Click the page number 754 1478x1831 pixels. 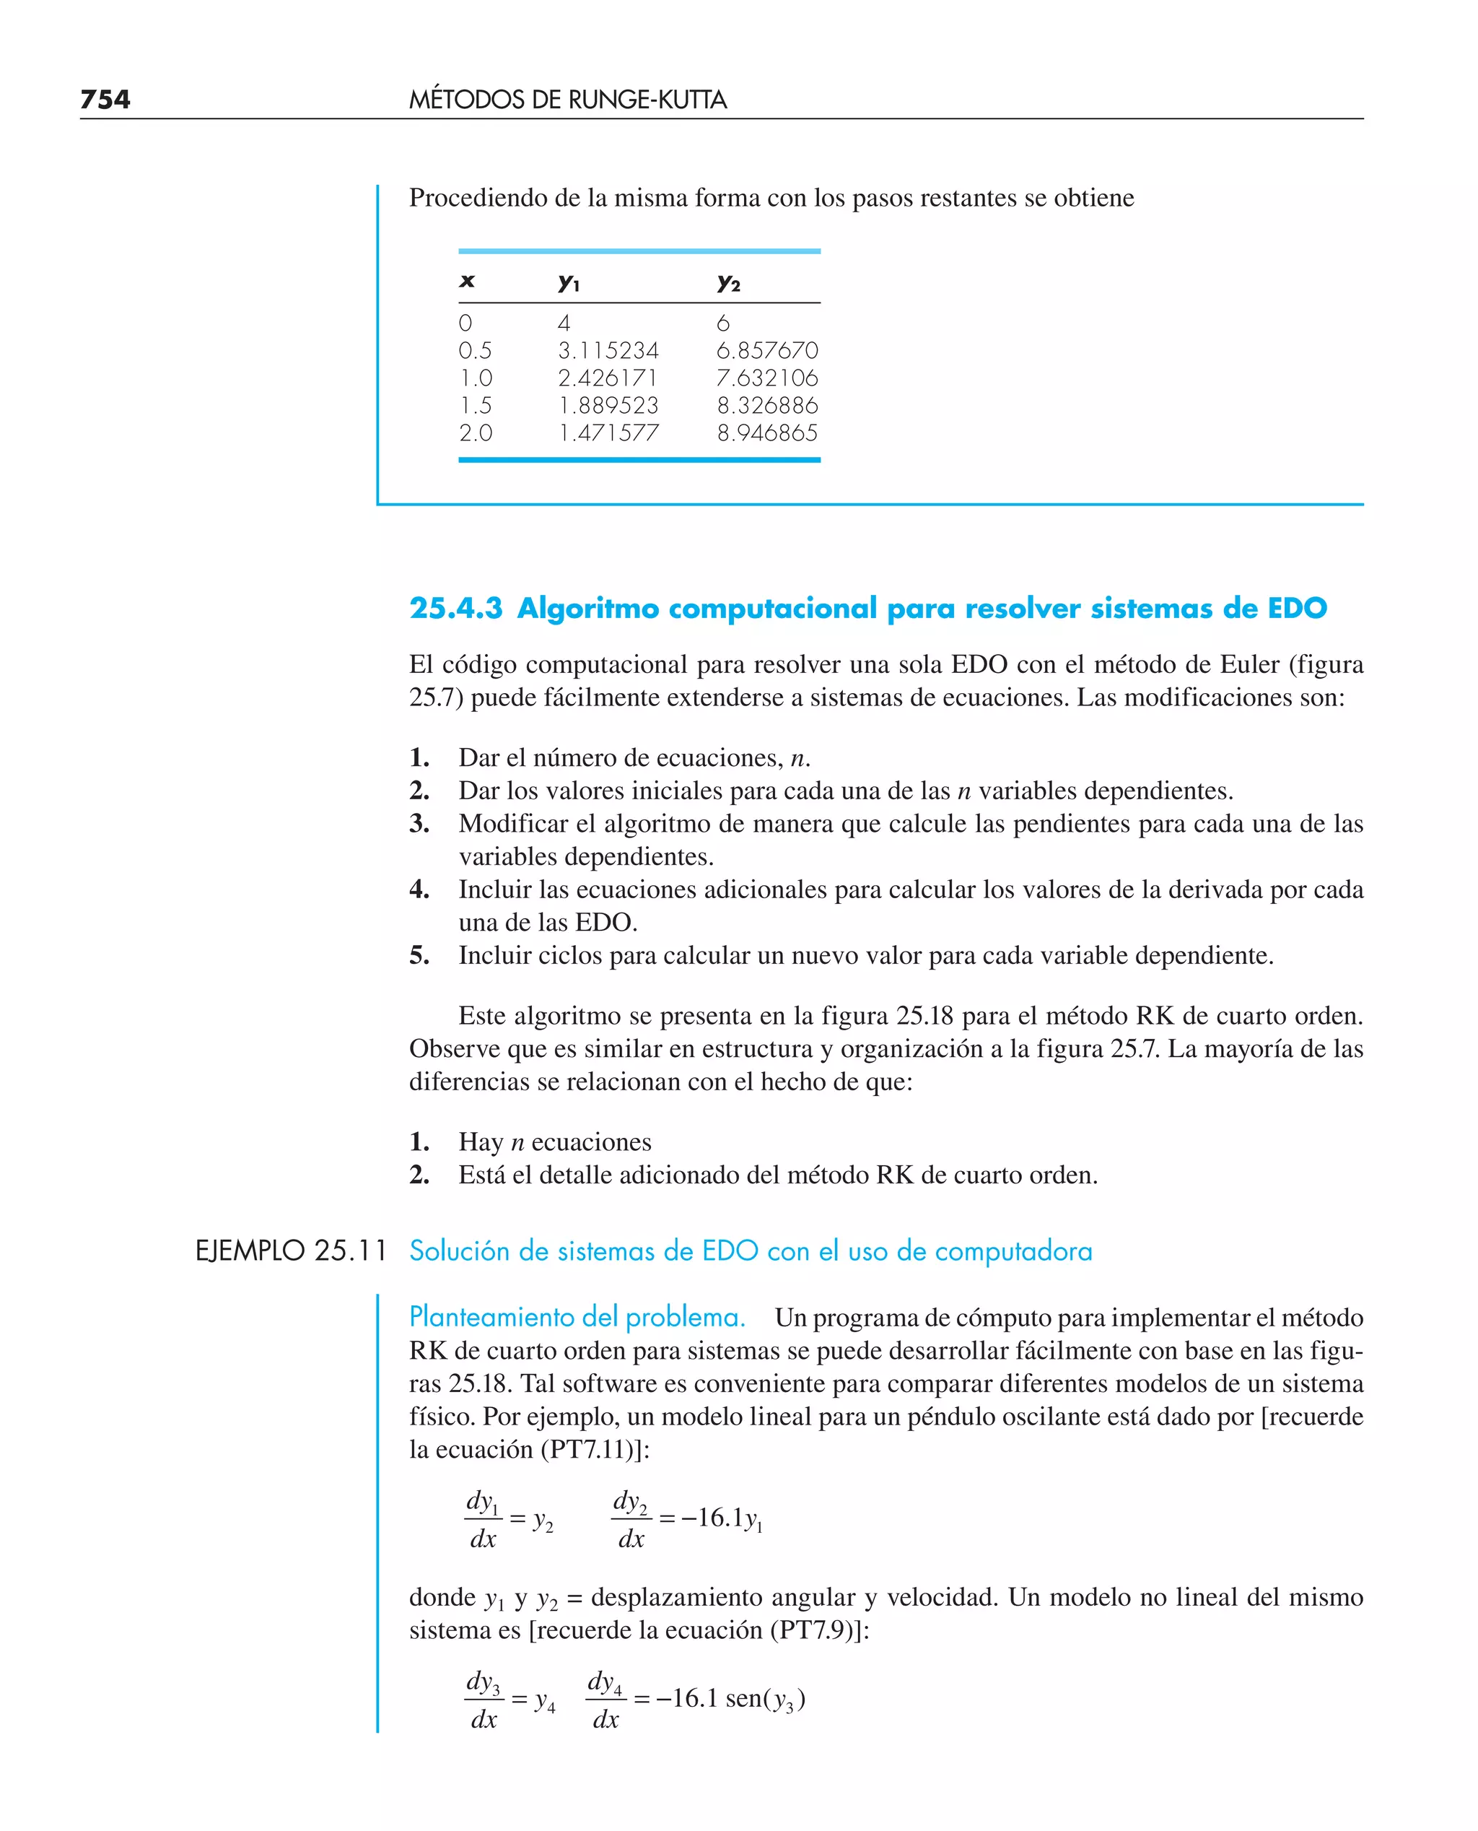105,100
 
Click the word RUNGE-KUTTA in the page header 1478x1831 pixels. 647,100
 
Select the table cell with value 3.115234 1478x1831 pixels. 608,350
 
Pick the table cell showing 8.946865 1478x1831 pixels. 766,432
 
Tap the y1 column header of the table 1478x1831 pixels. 568,282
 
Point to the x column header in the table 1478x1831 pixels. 466,281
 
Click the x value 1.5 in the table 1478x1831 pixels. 475,405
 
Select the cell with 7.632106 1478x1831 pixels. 766,378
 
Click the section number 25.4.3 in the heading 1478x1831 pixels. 455,608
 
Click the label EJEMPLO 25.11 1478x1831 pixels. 291,1251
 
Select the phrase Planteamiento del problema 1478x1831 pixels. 577,1317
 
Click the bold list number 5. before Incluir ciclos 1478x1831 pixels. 419,955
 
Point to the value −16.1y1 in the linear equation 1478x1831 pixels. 721,1518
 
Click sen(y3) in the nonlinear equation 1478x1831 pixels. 764,1698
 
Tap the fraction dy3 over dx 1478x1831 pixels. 484,1700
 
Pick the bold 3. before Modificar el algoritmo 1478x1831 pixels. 419,824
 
